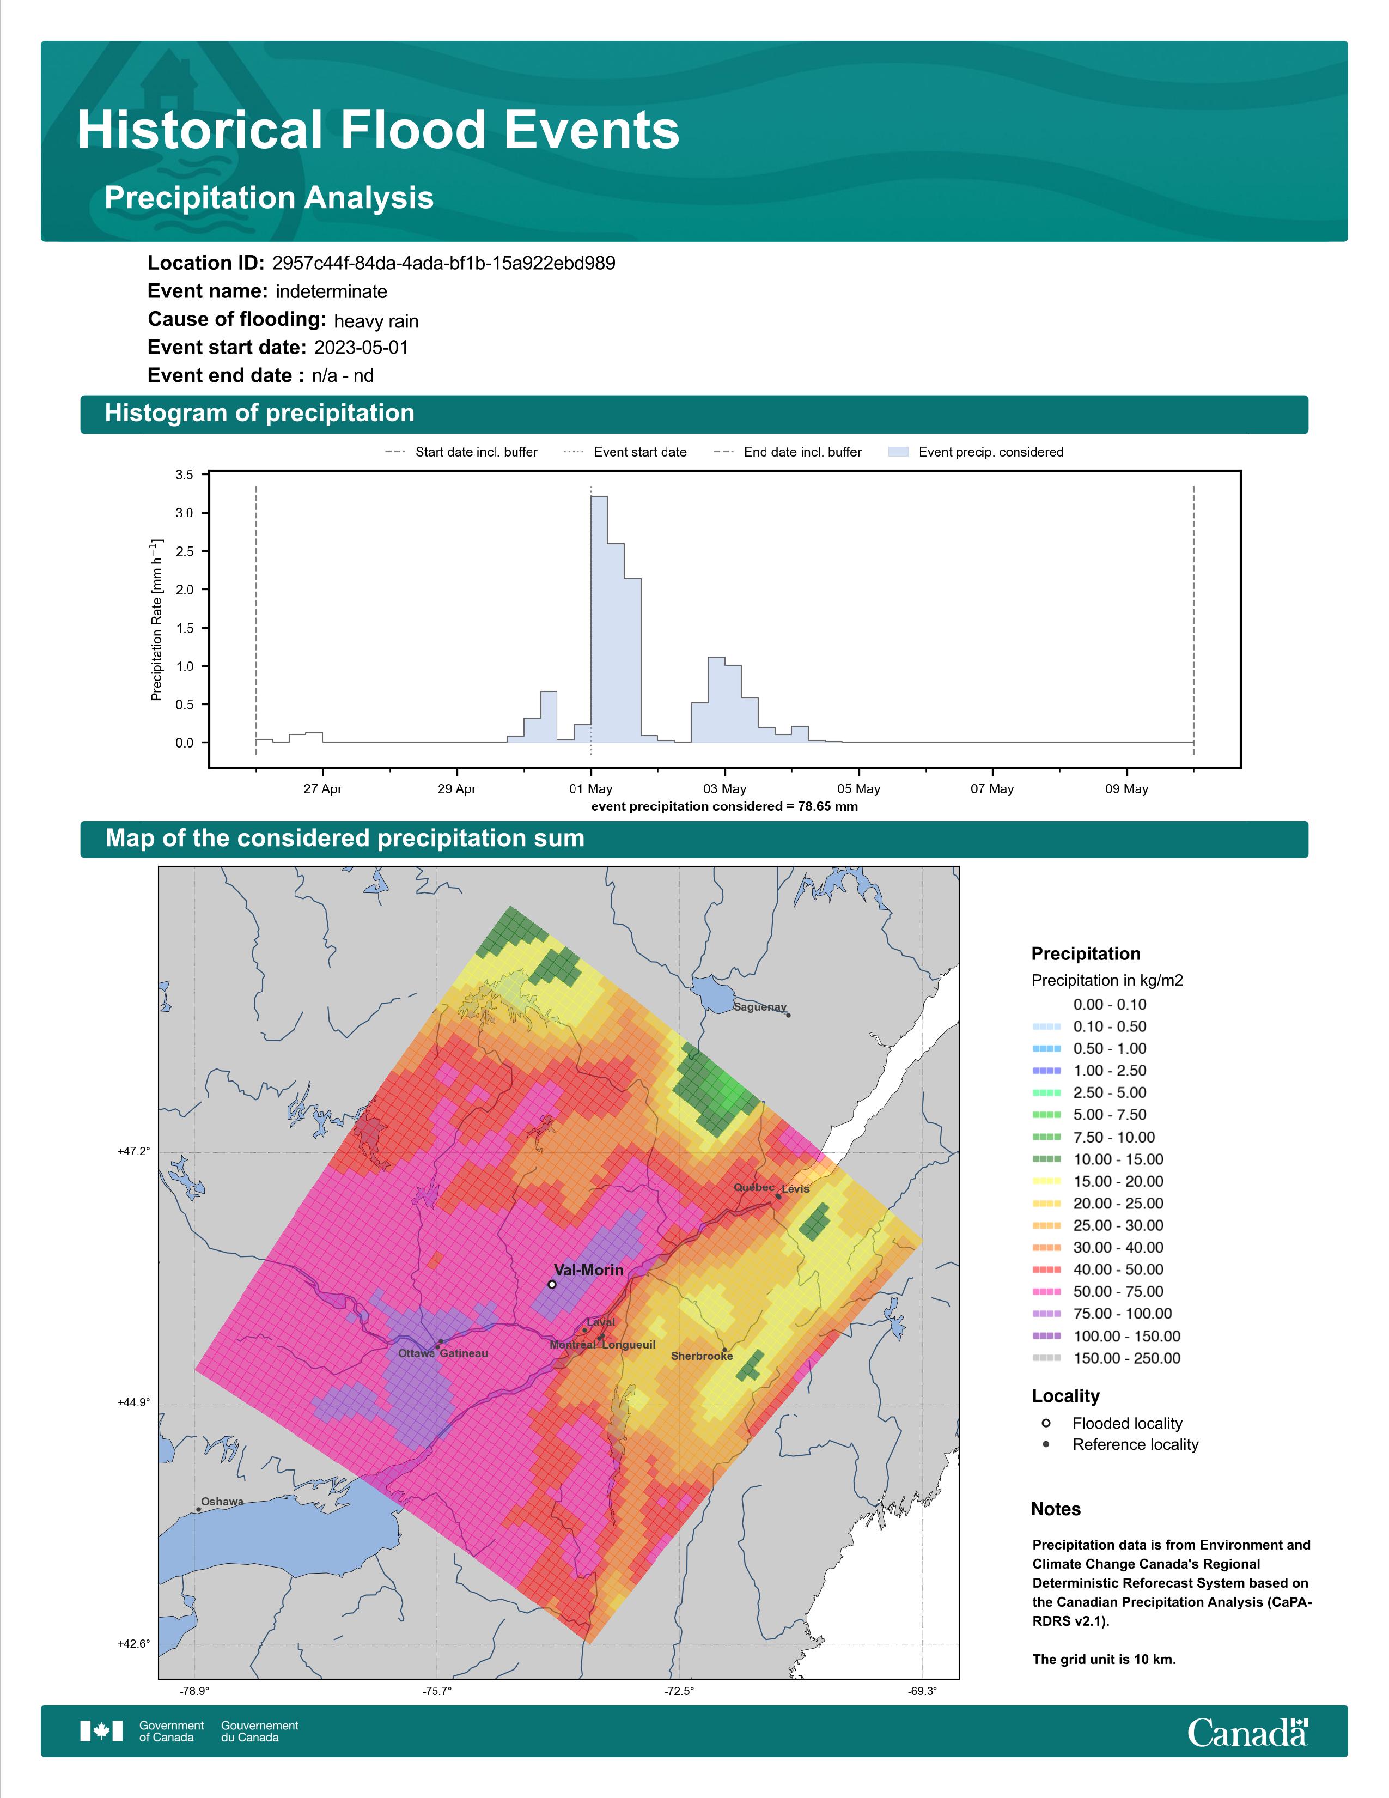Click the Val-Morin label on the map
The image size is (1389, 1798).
[x=588, y=1269]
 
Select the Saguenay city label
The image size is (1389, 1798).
[x=759, y=1007]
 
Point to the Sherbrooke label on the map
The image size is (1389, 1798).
[x=701, y=1356]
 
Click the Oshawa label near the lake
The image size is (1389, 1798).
[x=222, y=1501]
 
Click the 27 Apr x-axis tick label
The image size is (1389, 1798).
[x=322, y=789]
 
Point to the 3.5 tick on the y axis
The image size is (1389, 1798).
[x=184, y=475]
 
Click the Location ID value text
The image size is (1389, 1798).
[x=443, y=264]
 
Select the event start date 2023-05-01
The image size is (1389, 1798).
[x=361, y=348]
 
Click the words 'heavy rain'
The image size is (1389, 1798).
[x=376, y=321]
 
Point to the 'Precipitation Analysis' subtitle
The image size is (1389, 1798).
[x=269, y=198]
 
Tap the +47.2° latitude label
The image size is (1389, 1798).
[x=134, y=1151]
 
